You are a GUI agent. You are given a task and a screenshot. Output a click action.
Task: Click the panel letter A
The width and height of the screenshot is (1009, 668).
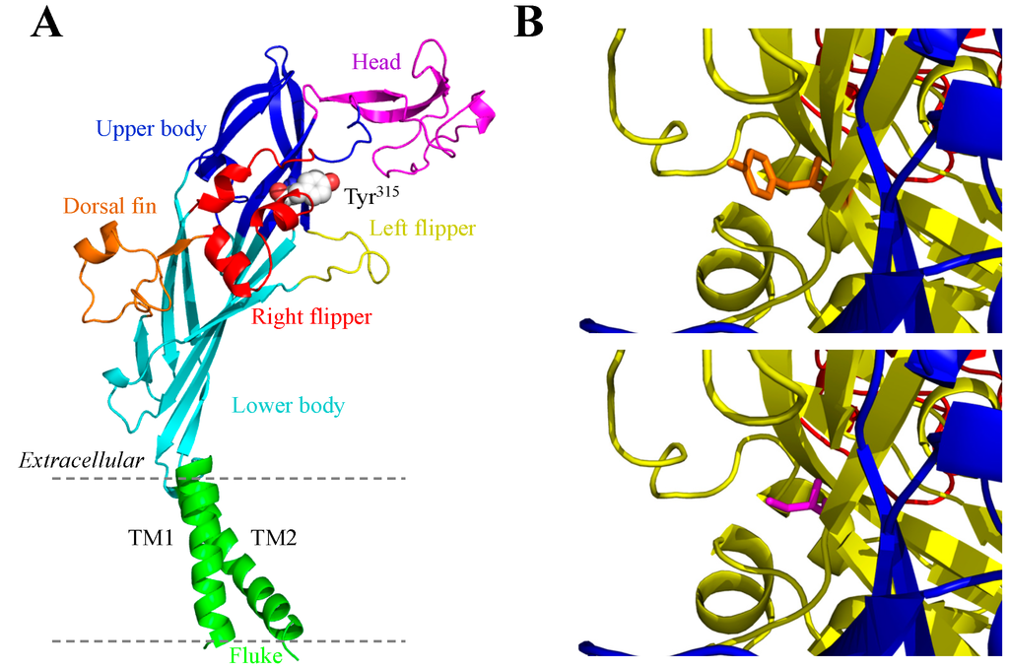47,22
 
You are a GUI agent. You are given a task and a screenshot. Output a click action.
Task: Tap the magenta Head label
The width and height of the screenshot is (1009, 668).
376,63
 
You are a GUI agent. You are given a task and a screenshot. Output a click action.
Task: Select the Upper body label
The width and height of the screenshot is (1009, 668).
151,128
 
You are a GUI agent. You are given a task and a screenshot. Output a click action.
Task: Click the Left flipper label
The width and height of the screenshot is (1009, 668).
423,230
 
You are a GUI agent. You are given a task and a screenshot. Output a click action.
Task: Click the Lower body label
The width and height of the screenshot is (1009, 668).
288,405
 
